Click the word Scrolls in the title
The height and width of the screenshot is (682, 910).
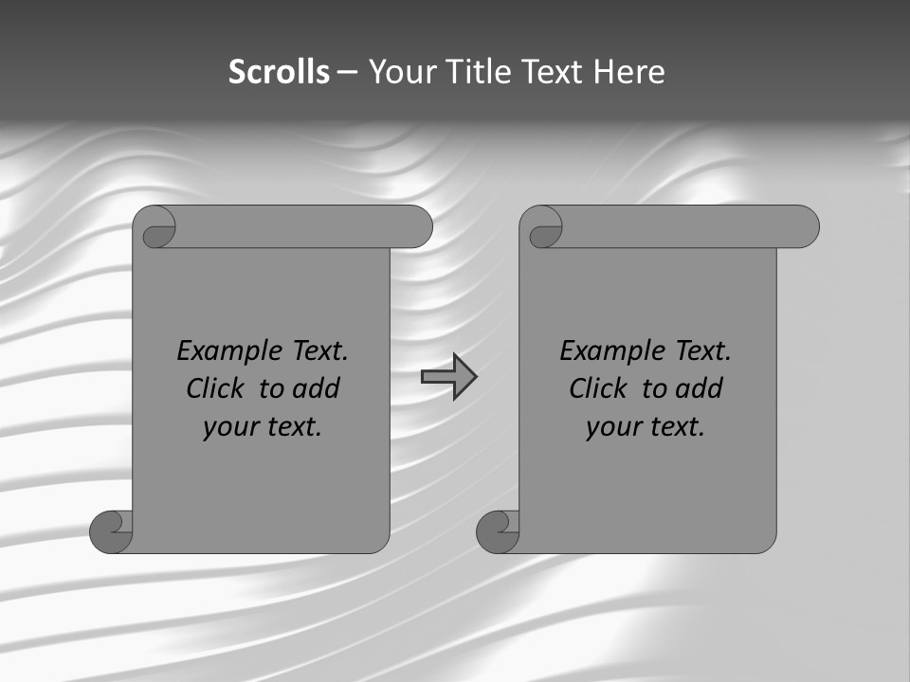pos(279,72)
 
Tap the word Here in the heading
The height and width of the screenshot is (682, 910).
pos(628,72)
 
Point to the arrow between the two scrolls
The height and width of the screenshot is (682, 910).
pos(448,377)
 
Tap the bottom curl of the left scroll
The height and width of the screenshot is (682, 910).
pos(111,530)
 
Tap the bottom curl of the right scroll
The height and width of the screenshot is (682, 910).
pos(498,530)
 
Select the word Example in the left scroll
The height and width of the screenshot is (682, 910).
pos(220,351)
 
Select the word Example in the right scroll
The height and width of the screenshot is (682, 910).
pos(603,351)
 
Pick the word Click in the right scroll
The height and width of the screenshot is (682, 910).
pos(597,388)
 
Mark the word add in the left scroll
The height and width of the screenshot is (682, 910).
pos(318,388)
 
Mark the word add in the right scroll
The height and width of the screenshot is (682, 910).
pos(701,388)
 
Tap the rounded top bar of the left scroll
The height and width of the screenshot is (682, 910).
pos(303,227)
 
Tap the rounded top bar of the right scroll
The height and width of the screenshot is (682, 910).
pos(690,227)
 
